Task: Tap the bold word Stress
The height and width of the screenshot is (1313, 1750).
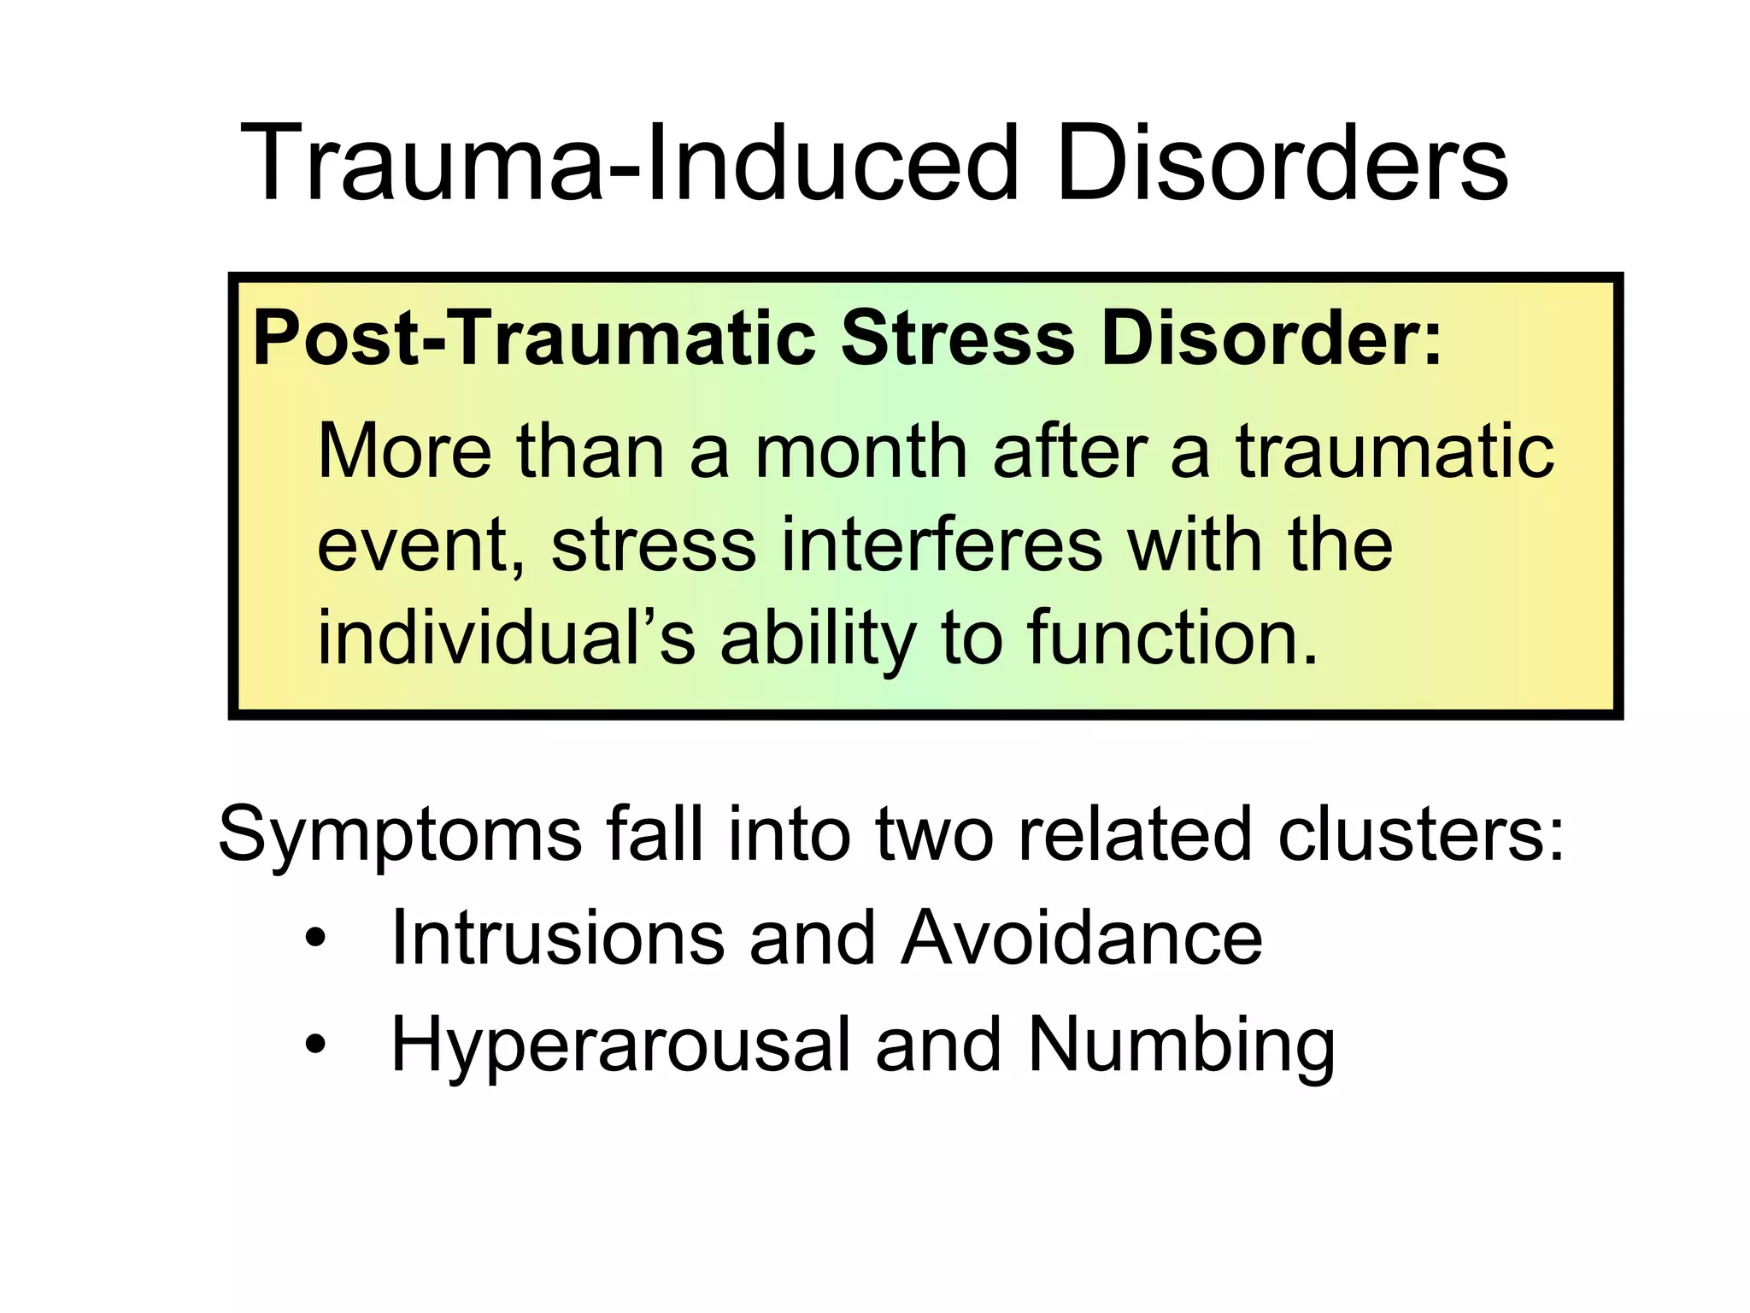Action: (x=958, y=339)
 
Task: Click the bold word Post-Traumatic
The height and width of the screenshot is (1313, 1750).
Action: (x=534, y=339)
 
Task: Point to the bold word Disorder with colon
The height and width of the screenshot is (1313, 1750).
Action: (x=1271, y=339)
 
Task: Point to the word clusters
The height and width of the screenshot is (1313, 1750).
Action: (x=1421, y=834)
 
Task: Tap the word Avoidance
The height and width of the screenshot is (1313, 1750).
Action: (x=1081, y=939)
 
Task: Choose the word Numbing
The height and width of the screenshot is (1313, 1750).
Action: (x=1181, y=1045)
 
